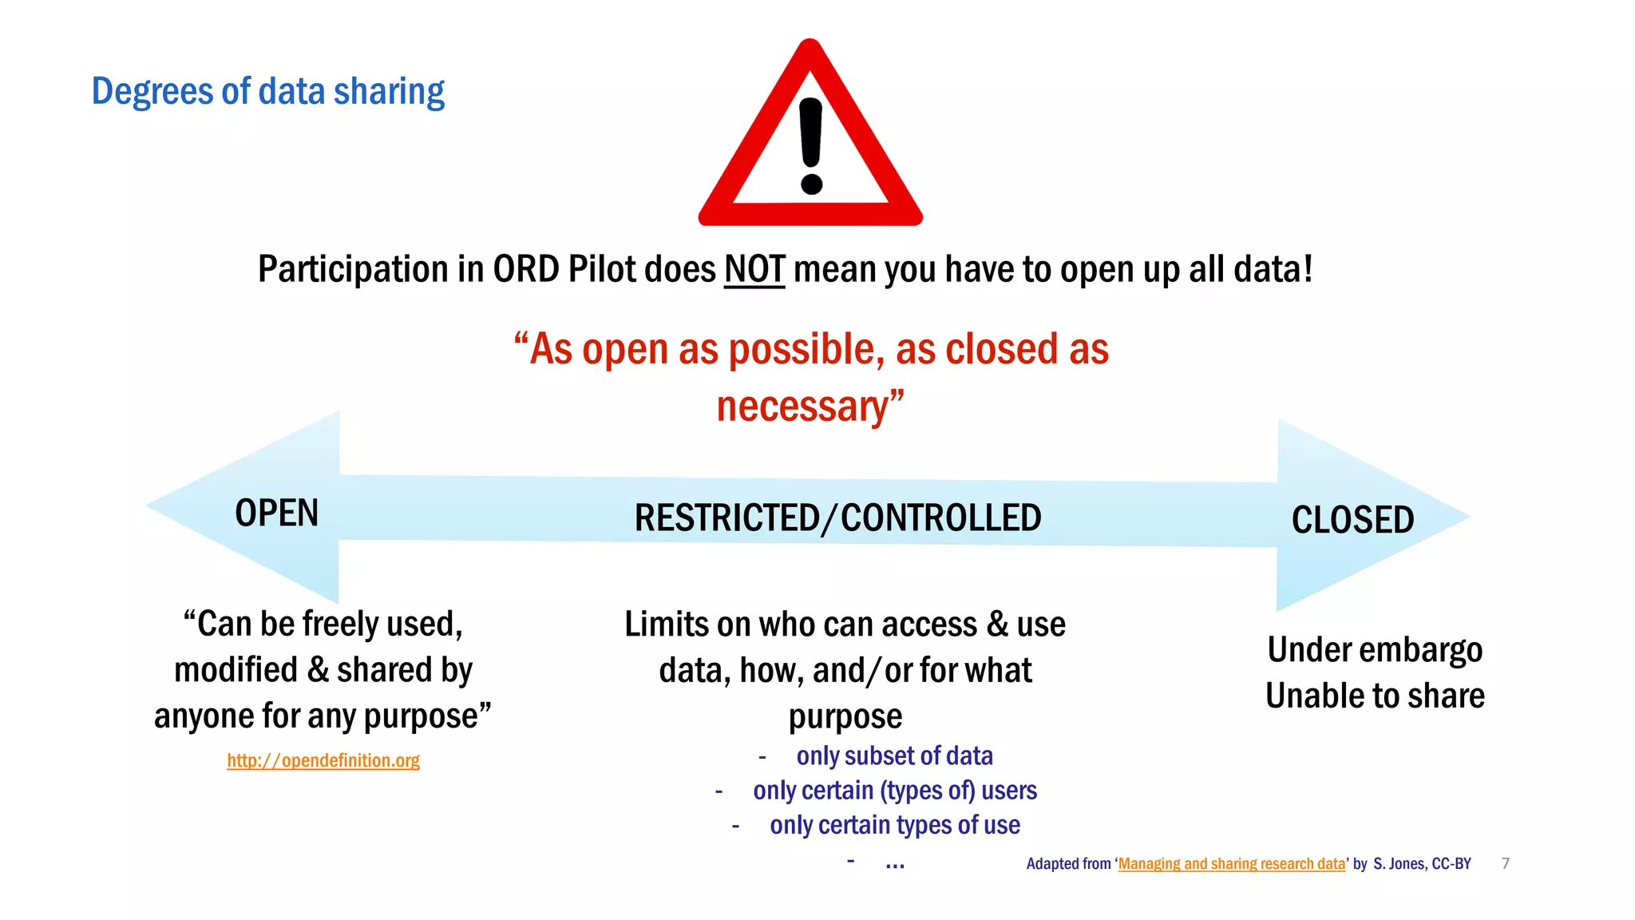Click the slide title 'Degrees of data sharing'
tap(267, 91)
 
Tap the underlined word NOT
tap(754, 269)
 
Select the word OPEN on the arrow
tap(276, 513)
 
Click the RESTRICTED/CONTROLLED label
tap(837, 517)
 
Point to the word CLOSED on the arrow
tap(1352, 520)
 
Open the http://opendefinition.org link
tap(323, 760)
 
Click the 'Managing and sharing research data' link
tap(1231, 863)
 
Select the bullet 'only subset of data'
tap(894, 755)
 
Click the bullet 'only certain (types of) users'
tap(894, 790)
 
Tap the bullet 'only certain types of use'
tap(894, 824)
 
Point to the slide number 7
tap(1505, 863)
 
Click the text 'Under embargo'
tap(1374, 649)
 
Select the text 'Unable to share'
tap(1374, 696)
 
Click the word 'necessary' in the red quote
tap(802, 406)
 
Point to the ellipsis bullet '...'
tap(894, 862)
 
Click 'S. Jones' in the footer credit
tap(1399, 863)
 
